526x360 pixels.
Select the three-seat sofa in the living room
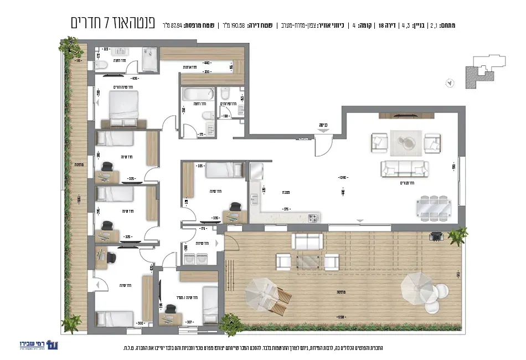point(404,167)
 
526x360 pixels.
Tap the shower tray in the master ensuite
point(149,59)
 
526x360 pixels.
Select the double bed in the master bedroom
point(123,108)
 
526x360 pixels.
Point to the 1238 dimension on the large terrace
point(342,317)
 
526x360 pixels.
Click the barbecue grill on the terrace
point(436,237)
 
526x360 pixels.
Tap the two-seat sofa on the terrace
point(307,241)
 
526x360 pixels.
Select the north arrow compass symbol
point(450,83)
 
